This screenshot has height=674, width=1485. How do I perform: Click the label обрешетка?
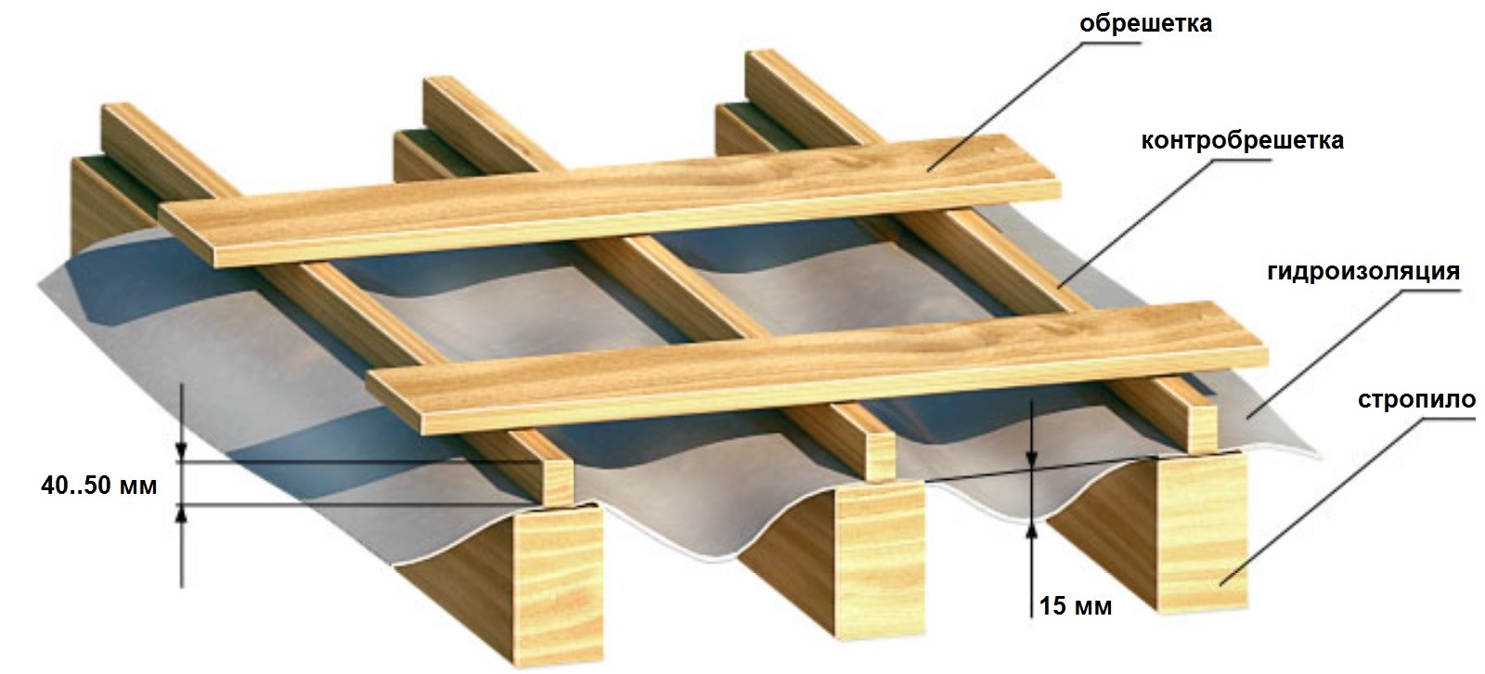click(1145, 24)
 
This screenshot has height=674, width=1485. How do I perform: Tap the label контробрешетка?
click(1243, 140)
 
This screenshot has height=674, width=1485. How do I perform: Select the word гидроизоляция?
click(1363, 272)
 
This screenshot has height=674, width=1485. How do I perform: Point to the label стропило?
click(1416, 399)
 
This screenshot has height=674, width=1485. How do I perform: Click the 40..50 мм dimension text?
click(99, 486)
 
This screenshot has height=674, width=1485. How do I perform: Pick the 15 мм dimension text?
click(1076, 605)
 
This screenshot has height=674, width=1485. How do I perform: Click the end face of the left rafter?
click(559, 583)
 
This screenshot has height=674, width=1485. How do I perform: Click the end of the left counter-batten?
click(556, 482)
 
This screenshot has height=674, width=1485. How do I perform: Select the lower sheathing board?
click(817, 369)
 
